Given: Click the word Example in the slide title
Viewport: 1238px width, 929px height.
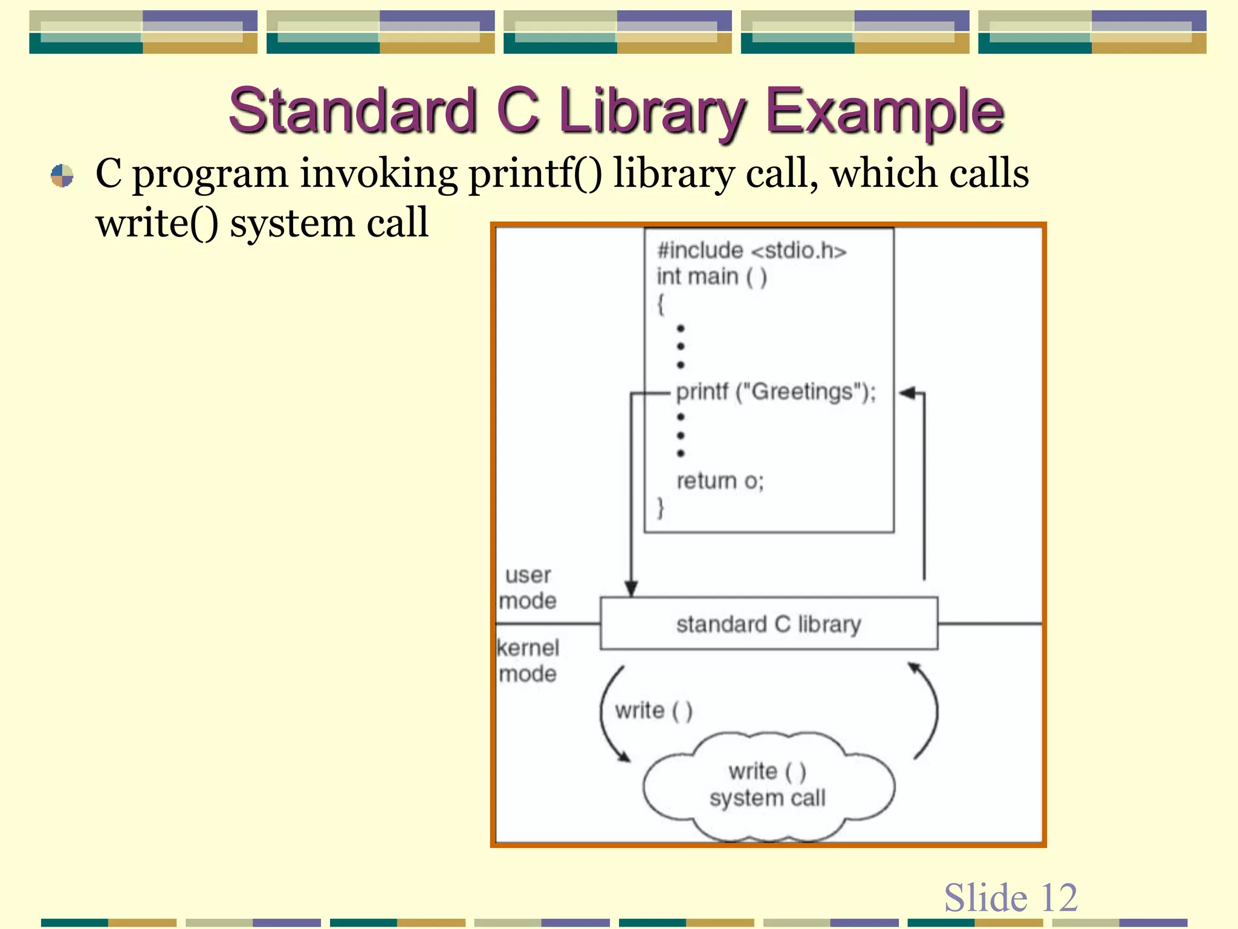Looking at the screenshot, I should [x=885, y=112].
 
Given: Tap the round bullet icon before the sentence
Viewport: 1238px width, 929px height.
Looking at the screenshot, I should [x=62, y=176].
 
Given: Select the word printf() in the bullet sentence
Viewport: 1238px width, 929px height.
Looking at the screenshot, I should [x=535, y=174].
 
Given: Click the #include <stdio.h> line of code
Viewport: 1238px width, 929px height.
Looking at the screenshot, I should [x=751, y=250].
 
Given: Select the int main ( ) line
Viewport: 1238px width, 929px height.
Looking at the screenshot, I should [x=711, y=277].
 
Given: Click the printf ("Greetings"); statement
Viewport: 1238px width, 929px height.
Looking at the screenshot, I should [x=776, y=392].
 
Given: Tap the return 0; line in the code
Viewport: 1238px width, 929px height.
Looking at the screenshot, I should [x=720, y=481].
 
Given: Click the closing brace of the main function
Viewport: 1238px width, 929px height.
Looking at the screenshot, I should [x=661, y=507].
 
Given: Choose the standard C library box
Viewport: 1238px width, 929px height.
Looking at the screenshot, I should [x=768, y=624].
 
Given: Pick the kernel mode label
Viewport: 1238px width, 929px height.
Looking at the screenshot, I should [x=528, y=660].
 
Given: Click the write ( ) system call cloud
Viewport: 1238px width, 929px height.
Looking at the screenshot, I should [x=768, y=785].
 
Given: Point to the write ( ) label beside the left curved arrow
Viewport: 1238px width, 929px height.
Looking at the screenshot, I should [x=653, y=710].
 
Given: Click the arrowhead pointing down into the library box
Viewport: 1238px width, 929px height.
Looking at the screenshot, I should [x=631, y=588].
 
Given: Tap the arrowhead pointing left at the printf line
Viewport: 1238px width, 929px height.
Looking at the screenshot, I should [x=907, y=393].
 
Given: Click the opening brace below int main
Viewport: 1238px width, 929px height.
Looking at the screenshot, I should [x=661, y=304].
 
